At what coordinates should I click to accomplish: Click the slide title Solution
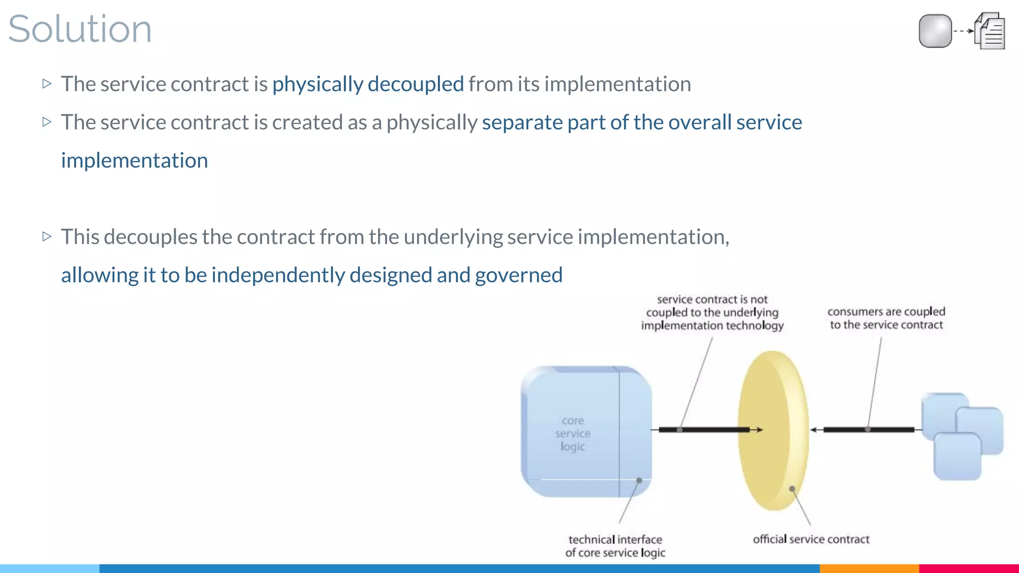(x=80, y=29)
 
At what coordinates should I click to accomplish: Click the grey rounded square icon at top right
(x=935, y=31)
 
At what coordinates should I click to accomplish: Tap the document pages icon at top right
(x=990, y=31)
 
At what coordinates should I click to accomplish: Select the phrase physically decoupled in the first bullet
(x=368, y=84)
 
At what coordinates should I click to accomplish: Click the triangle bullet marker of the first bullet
(x=47, y=84)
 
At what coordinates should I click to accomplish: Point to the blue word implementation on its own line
(x=134, y=161)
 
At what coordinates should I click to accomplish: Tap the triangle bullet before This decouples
(x=47, y=236)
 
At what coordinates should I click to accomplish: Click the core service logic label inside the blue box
(x=573, y=433)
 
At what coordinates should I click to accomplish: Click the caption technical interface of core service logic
(x=615, y=546)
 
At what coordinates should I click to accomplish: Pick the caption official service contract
(x=811, y=539)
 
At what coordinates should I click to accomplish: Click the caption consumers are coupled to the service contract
(x=886, y=318)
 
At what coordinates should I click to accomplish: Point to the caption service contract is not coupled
(x=712, y=312)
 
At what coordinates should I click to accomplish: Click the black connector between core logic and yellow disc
(x=704, y=430)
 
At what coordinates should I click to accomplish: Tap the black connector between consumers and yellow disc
(x=868, y=430)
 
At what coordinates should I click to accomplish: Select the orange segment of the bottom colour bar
(x=869, y=568)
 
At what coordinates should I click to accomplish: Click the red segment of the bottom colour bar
(x=969, y=568)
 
